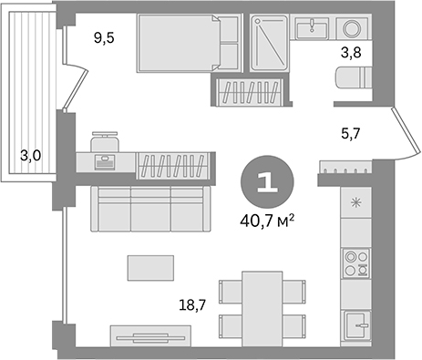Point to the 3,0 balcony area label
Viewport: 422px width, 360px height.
pos(30,155)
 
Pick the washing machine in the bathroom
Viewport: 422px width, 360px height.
pos(349,28)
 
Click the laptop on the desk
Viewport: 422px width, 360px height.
pos(106,161)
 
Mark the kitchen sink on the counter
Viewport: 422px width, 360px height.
pos(355,321)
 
